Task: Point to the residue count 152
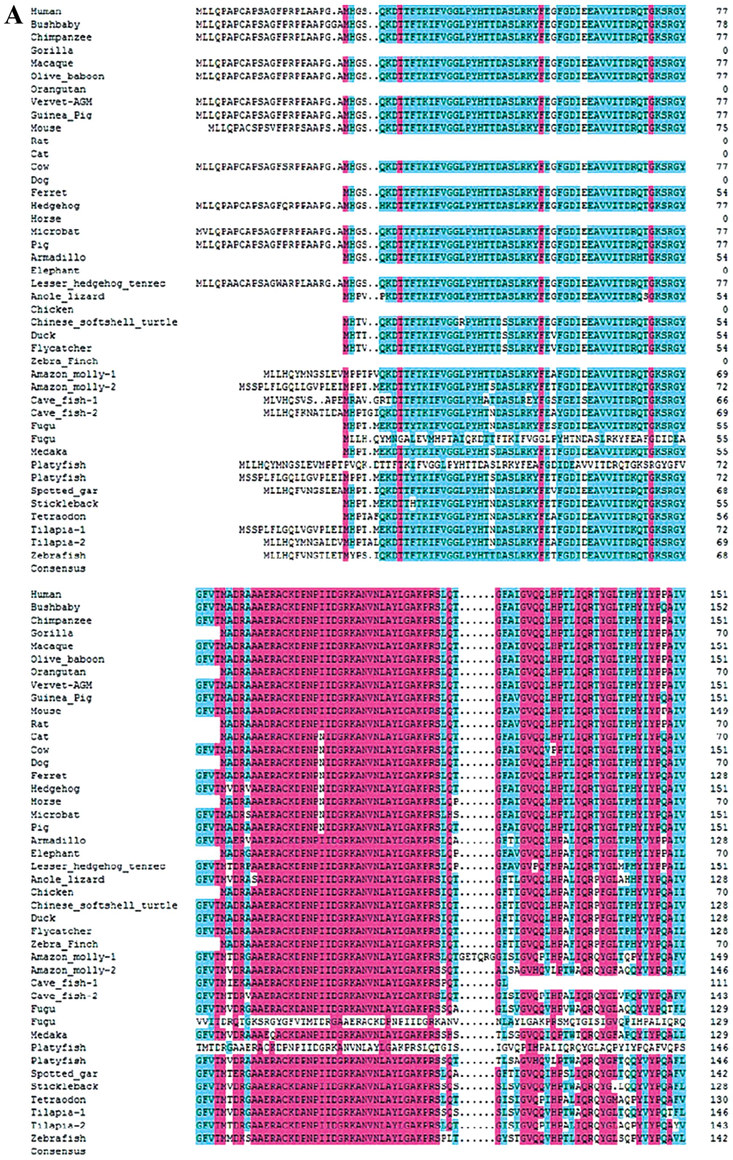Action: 718,607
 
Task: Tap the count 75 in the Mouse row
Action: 721,128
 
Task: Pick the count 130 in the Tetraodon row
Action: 718,1100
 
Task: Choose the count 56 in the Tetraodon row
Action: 721,517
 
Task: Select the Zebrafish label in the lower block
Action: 58,1138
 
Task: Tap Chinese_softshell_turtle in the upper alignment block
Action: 104,322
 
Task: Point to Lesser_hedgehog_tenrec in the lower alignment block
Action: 98,866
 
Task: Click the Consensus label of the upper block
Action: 58,569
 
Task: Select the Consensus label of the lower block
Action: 58,1151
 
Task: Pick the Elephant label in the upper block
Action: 55,271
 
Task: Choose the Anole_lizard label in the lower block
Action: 67,879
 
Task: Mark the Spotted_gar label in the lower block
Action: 64,1074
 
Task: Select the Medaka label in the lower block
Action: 49,1035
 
